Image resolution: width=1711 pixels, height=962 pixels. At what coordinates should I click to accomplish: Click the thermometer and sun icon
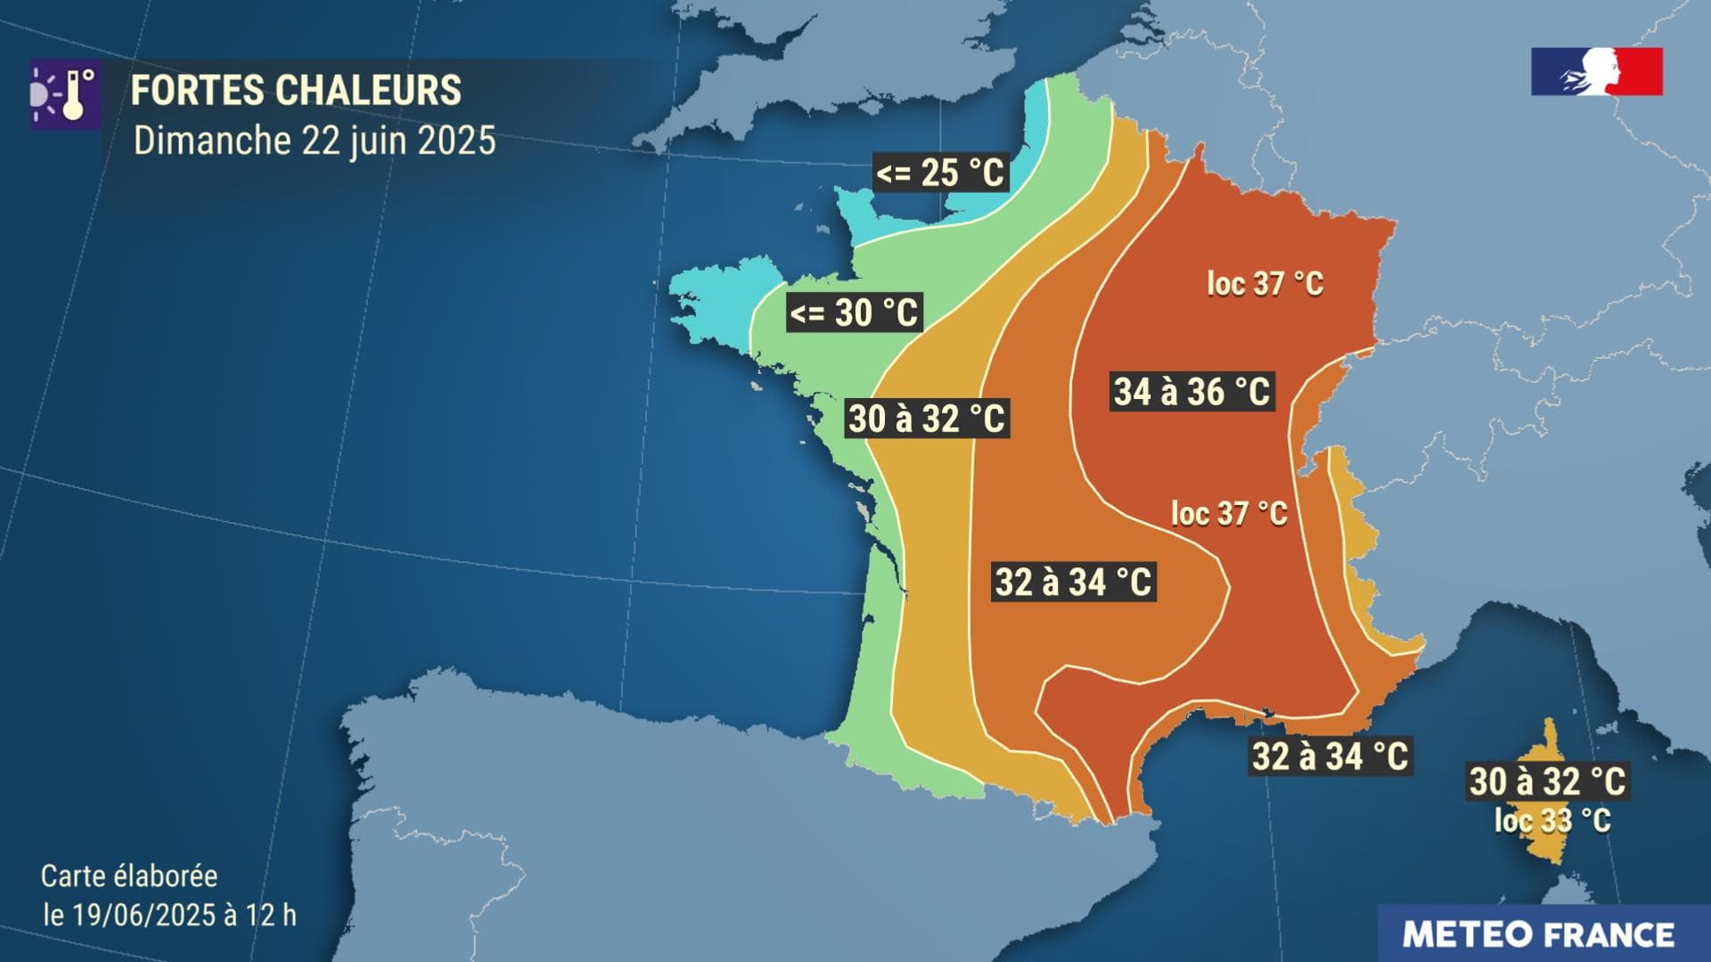pos(65,95)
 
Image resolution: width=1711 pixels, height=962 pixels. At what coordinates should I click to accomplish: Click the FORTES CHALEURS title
pos(296,91)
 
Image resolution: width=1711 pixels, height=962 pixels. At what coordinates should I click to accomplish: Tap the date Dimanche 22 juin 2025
pos(314,141)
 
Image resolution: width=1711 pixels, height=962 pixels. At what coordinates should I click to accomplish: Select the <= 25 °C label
pos(940,173)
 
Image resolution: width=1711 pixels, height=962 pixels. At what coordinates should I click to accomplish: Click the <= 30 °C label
pos(854,313)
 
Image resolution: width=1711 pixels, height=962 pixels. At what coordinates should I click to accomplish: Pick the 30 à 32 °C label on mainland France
pos(927,419)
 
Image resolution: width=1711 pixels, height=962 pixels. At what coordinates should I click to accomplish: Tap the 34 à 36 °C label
pos(1192,392)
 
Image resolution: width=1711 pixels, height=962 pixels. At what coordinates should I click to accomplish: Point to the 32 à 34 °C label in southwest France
pos(1074,583)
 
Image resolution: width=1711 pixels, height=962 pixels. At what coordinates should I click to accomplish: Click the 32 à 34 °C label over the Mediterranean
pos(1330,756)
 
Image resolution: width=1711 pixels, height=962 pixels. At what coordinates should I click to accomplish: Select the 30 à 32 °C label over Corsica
pos(1548,781)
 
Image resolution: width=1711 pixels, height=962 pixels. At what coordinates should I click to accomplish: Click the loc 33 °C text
pos(1552,820)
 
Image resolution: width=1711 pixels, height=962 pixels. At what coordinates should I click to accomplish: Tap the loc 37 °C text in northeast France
pos(1265,284)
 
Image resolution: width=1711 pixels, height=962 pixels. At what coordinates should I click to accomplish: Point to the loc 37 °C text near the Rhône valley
pos(1229,514)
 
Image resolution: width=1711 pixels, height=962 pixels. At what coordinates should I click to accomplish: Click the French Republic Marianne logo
pos(1597,71)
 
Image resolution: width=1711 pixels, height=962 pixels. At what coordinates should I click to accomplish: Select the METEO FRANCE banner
pos(1538,934)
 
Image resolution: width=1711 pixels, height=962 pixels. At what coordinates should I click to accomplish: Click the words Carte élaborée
pos(129,876)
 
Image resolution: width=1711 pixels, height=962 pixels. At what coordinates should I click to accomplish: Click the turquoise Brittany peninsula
pos(713,303)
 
